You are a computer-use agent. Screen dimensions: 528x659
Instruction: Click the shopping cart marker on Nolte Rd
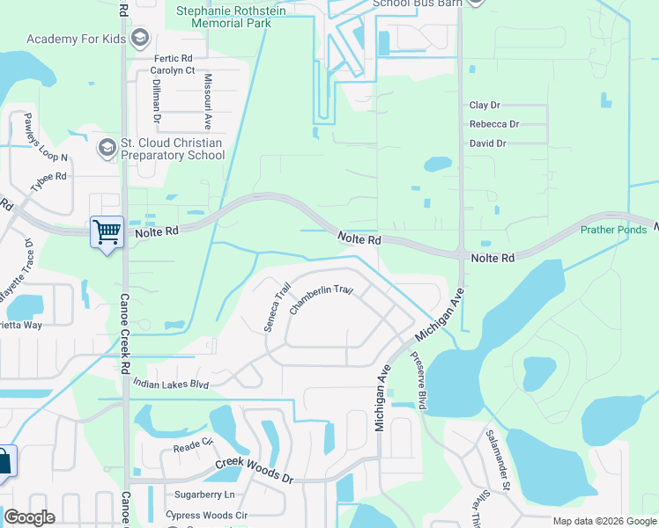click(107, 233)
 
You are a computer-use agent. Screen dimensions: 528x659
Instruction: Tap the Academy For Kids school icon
click(139, 39)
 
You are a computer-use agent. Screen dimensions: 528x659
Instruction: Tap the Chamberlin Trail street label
click(322, 296)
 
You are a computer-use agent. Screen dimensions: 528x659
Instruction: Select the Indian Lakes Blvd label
click(171, 384)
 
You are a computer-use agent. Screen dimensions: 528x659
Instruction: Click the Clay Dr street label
click(485, 105)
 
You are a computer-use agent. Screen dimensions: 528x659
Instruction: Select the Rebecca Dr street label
click(494, 124)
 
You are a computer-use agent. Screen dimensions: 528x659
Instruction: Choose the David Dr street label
click(488, 143)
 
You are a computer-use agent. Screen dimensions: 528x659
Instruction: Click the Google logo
click(29, 517)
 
